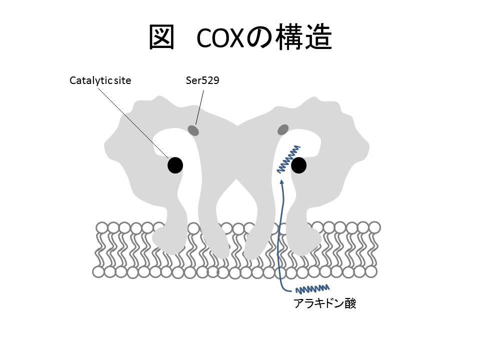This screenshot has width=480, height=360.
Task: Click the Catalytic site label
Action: coord(100,80)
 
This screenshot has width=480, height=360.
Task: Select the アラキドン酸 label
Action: coord(325,303)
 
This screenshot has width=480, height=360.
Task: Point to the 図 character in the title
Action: coord(161,37)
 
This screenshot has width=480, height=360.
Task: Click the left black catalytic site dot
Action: coord(175,165)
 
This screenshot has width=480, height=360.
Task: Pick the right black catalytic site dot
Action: coord(299,165)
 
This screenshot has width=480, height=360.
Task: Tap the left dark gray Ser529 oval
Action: coord(193,130)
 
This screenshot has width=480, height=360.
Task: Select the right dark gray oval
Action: coord(282,130)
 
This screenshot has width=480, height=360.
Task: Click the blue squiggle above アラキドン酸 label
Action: coord(312,288)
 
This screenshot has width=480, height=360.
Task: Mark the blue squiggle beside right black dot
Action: coord(288,159)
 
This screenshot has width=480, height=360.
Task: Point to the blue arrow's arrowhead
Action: coord(283,183)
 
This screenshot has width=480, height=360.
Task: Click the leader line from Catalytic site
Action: coord(135,120)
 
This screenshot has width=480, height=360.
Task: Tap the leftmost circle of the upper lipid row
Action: coord(102,228)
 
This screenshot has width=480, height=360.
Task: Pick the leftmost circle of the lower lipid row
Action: coord(98,272)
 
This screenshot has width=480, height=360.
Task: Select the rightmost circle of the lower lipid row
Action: coord(370,271)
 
